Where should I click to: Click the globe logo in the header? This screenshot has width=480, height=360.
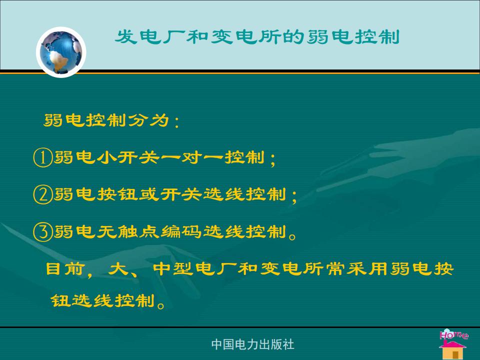pos(61,52)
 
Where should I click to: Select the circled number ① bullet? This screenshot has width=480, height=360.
pos(42,157)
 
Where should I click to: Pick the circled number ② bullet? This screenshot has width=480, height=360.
pos(42,194)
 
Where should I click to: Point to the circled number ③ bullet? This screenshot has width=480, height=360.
pos(42,231)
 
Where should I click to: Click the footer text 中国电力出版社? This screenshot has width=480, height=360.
pos(253,344)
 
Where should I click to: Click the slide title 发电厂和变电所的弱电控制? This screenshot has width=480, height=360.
pos(257,37)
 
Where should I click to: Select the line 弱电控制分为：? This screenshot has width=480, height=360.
pos(111,120)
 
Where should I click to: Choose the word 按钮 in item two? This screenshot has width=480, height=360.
pos(117,194)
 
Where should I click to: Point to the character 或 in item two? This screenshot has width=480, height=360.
pos(149,194)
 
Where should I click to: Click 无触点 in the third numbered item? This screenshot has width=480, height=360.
pos(128,231)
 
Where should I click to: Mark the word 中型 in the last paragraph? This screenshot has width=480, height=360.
pos(173,269)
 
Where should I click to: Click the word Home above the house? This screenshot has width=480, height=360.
pos(453,334)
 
